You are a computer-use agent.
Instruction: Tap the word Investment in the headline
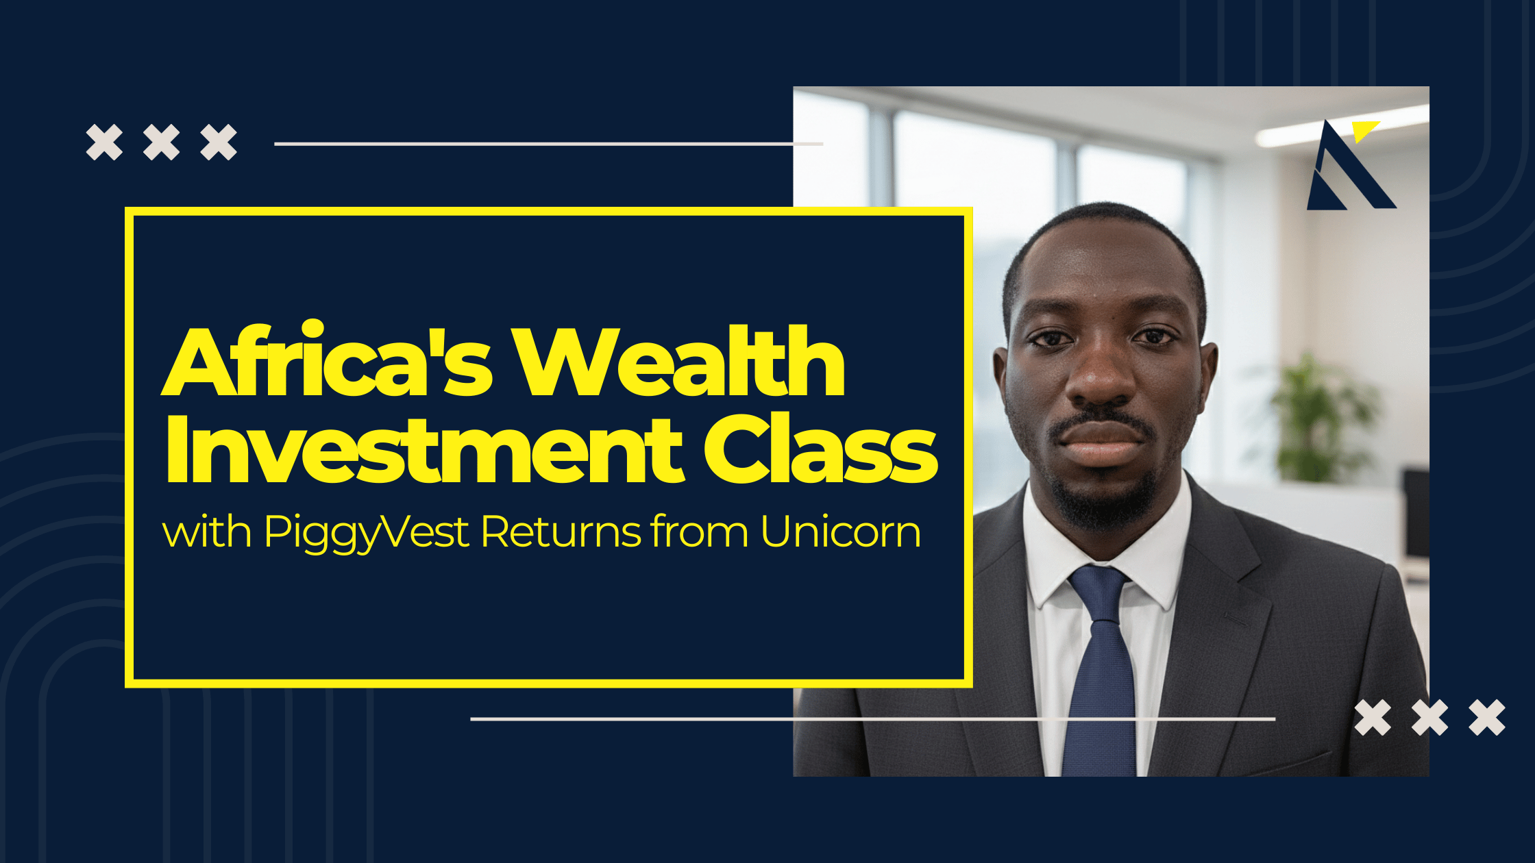(x=425, y=449)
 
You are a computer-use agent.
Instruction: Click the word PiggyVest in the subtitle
(x=367, y=533)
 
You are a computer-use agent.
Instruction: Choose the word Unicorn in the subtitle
(x=841, y=531)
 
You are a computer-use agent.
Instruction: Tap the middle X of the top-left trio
(x=162, y=142)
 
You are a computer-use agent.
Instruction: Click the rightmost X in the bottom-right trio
(x=1487, y=718)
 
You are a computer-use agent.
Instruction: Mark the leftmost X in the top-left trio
(x=104, y=142)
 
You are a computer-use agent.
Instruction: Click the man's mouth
(x=1101, y=442)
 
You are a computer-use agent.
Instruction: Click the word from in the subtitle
(x=700, y=531)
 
